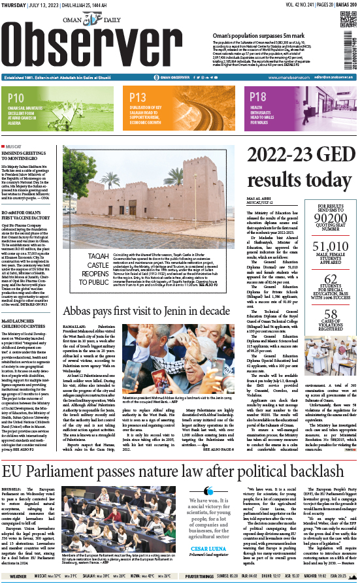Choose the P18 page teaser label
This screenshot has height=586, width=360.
[x=258, y=99]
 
